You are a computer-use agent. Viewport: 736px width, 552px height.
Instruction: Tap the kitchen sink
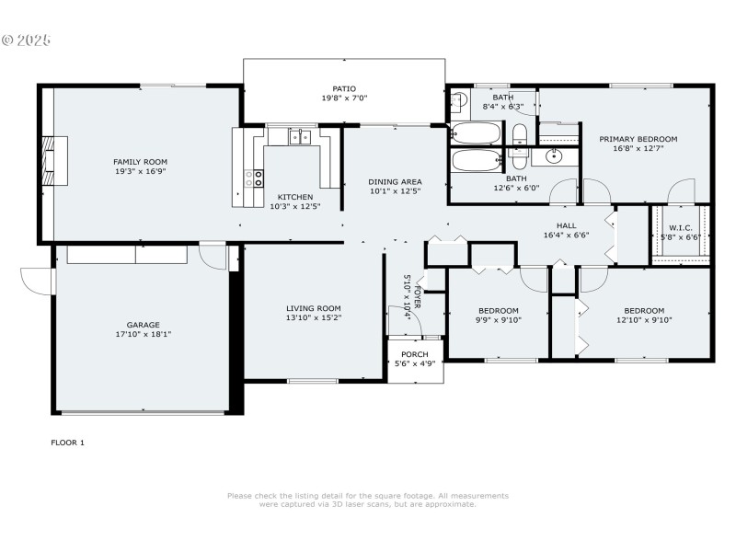click(x=299, y=138)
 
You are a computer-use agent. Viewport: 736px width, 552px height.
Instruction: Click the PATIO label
click(x=344, y=88)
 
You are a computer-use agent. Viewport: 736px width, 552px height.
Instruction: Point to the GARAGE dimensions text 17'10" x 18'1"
click(x=143, y=334)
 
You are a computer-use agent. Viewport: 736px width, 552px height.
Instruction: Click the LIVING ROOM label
click(x=313, y=308)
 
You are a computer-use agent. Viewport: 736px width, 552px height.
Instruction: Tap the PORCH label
click(x=414, y=354)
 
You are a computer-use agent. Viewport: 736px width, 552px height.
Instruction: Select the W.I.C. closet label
click(x=681, y=227)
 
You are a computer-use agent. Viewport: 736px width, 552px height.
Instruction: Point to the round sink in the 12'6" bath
click(x=554, y=155)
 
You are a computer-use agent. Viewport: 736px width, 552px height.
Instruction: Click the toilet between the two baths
click(x=518, y=134)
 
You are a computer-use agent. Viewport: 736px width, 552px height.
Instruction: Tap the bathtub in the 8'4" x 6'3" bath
click(x=476, y=132)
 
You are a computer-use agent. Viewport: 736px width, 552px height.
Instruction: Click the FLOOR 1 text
click(x=67, y=443)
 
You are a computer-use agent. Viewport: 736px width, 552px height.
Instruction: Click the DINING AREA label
click(x=395, y=181)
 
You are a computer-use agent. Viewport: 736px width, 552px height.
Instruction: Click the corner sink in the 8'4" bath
click(x=459, y=100)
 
